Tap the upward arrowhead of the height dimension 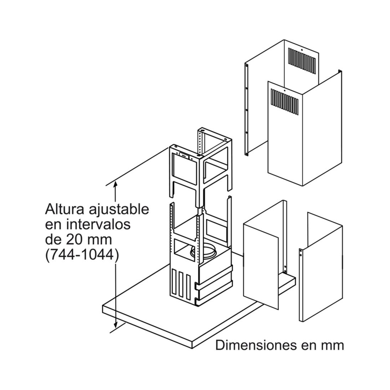click(115, 183)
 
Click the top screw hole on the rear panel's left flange click(246, 65)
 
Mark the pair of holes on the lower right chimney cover click(301, 252)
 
